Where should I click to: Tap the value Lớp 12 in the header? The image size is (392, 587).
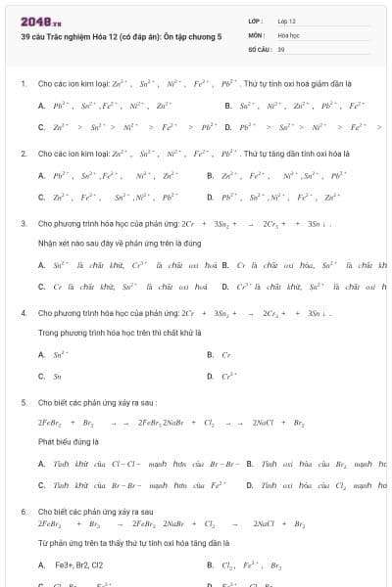[287, 21]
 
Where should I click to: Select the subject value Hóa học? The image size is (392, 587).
[288, 34]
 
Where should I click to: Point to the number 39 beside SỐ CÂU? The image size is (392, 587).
[281, 48]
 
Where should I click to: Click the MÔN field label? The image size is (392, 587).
[256, 34]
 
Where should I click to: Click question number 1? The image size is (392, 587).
[23, 84]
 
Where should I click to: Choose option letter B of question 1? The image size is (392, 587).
[227, 105]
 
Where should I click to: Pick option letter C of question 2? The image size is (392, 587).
[41, 196]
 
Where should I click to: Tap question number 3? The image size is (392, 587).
[23, 223]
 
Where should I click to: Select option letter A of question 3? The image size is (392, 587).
[41, 264]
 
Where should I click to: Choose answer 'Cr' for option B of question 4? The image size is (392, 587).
[226, 354]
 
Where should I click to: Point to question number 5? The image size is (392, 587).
[23, 402]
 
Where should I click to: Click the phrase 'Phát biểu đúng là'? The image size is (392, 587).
[65, 441]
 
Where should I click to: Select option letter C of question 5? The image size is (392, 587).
[41, 484]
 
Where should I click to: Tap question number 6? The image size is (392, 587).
[23, 512]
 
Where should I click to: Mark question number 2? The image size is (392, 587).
[23, 154]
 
